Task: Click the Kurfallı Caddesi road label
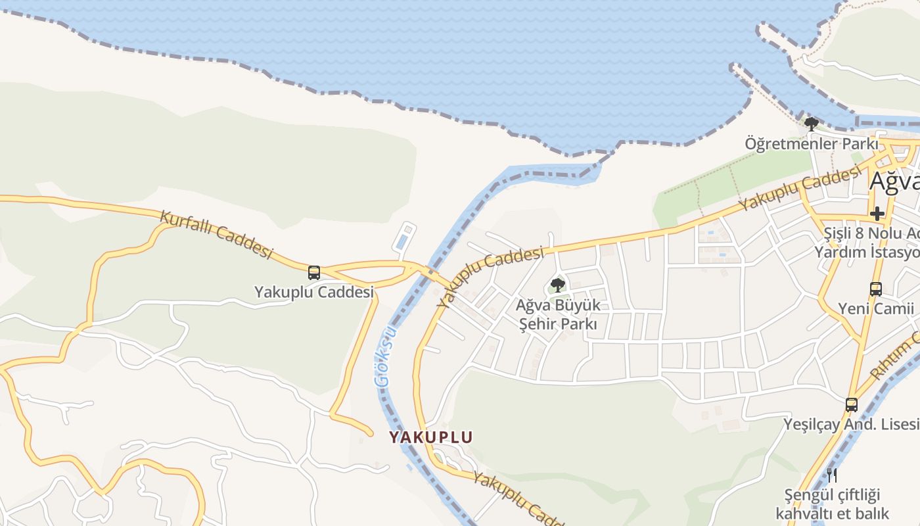[216, 233]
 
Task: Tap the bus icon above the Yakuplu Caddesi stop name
[314, 272]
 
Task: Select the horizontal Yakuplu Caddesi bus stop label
[314, 292]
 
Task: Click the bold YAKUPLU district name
[430, 437]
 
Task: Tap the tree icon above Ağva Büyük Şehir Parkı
[558, 285]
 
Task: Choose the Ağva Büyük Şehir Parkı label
[558, 314]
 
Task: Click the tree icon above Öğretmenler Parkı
[812, 124]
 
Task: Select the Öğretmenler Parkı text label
[812, 143]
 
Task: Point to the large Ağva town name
[894, 181]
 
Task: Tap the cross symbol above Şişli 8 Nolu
[877, 214]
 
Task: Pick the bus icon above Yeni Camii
[876, 289]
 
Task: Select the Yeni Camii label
[876, 308]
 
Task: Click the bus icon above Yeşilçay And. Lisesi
[852, 404]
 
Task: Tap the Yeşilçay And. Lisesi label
[852, 425]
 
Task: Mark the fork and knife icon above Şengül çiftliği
[832, 474]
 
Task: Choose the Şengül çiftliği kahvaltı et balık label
[832, 504]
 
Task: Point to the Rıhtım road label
[894, 358]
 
